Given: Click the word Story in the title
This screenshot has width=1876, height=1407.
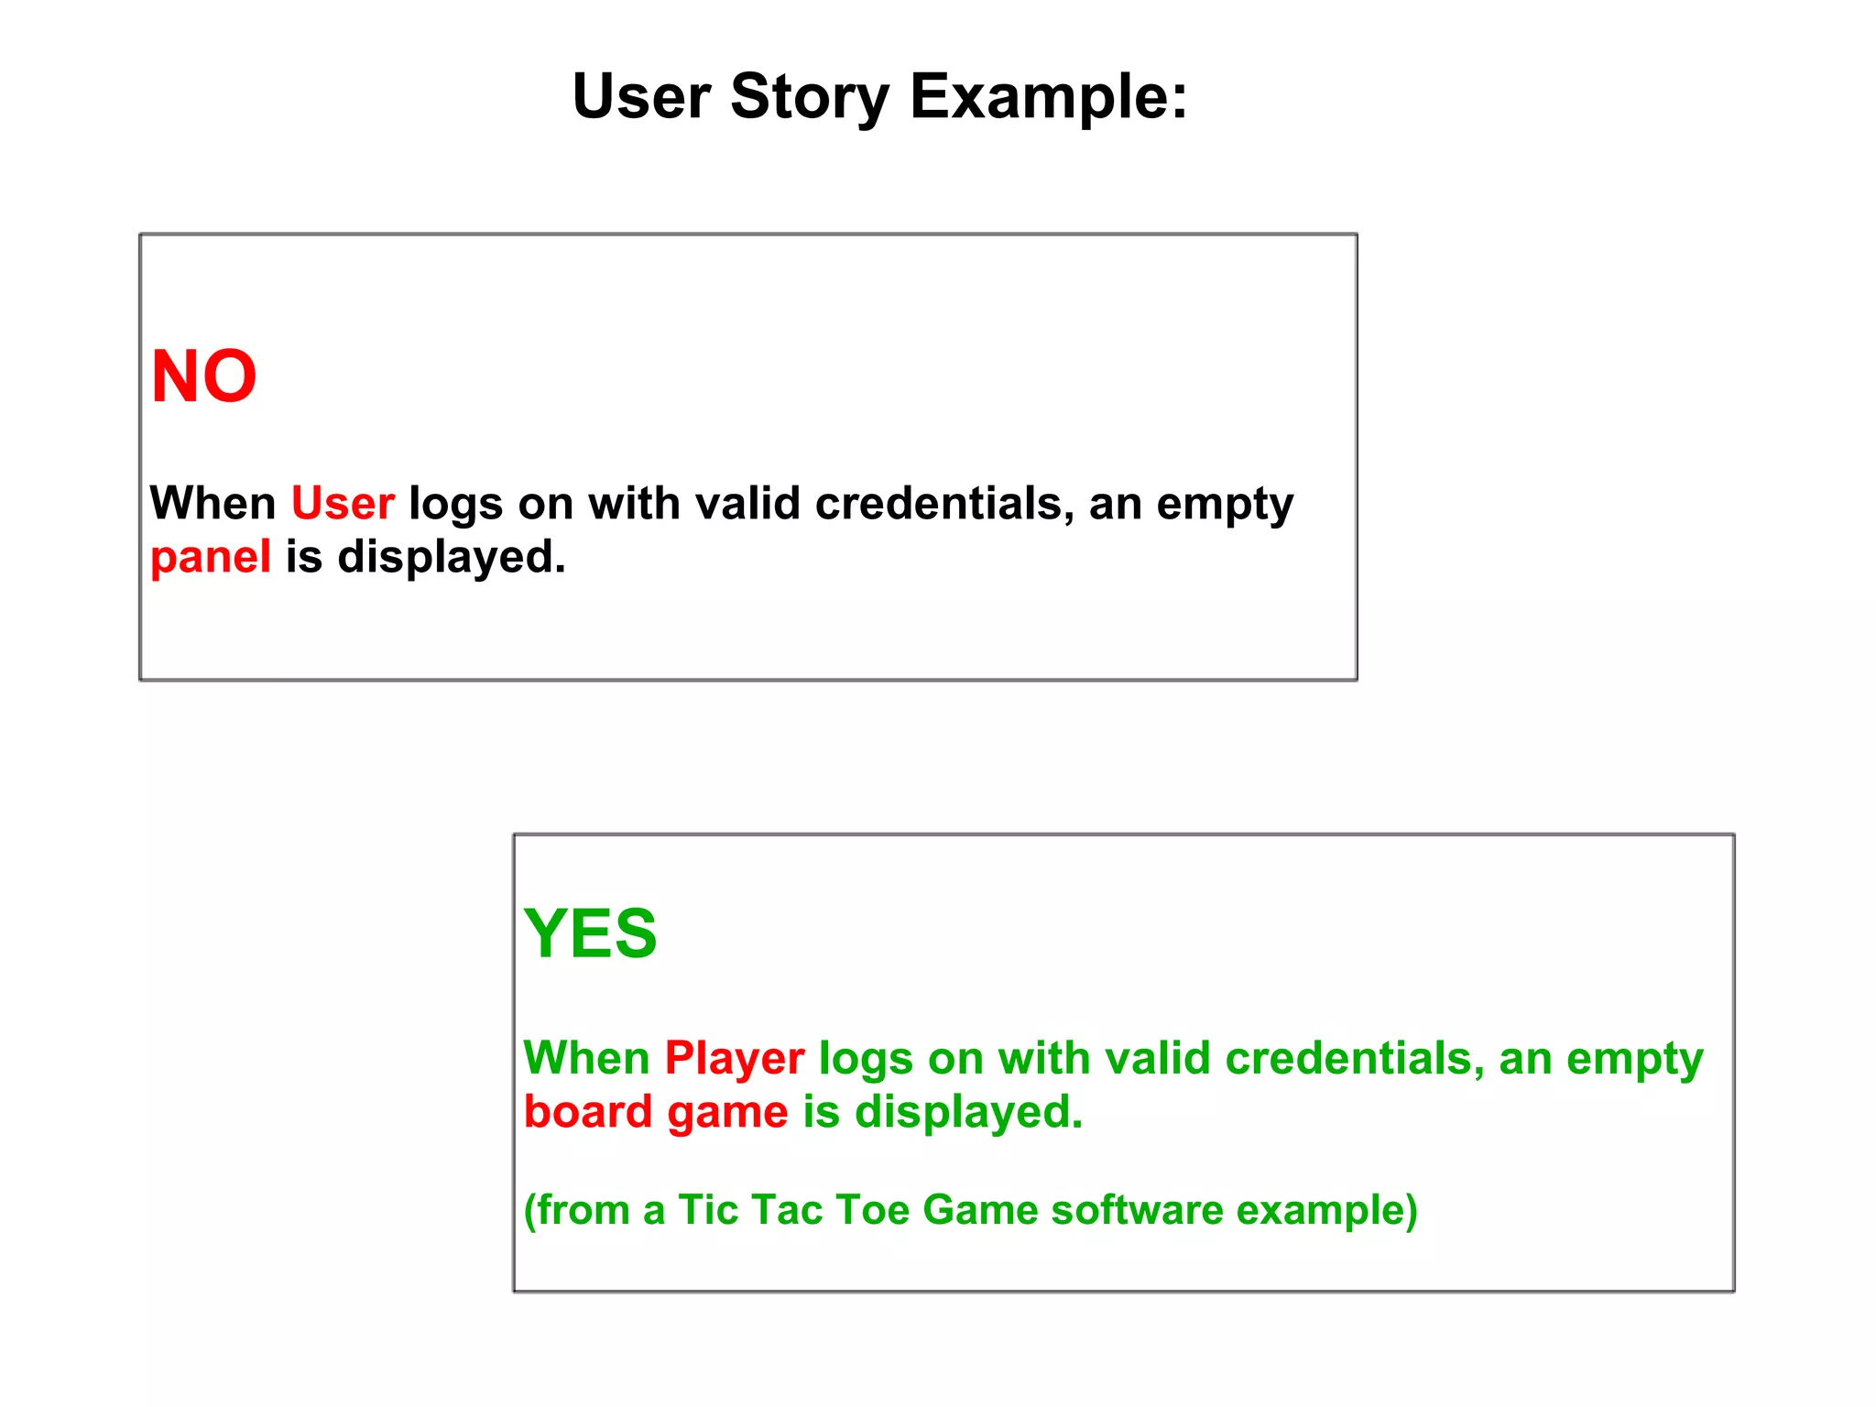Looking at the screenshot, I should tap(810, 97).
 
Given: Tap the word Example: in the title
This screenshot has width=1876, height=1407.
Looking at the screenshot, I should tap(1049, 97).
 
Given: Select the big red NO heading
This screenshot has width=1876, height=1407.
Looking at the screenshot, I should tap(203, 376).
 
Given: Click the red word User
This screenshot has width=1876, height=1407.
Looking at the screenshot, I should tap(343, 504).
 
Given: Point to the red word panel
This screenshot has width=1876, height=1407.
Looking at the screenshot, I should tap(211, 557).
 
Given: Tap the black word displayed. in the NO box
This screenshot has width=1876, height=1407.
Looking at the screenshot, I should tap(452, 557).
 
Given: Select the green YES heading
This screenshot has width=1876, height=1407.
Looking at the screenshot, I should tap(590, 933).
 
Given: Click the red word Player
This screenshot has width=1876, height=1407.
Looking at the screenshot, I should tap(735, 1058).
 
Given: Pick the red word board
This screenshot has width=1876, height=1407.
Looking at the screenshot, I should tap(588, 1111).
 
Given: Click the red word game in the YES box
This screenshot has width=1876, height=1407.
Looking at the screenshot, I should tap(727, 1113).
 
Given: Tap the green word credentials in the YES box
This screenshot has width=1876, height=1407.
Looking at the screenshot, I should tap(1354, 1058).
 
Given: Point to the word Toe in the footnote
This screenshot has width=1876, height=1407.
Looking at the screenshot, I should tap(872, 1209).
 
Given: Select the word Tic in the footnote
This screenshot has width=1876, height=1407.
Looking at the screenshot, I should tap(707, 1209).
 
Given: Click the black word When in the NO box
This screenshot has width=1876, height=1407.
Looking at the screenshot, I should tap(213, 504).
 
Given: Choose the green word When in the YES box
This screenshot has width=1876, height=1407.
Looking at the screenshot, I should tap(586, 1058).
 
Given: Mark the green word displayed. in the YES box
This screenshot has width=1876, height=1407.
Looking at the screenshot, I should tap(968, 1113).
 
